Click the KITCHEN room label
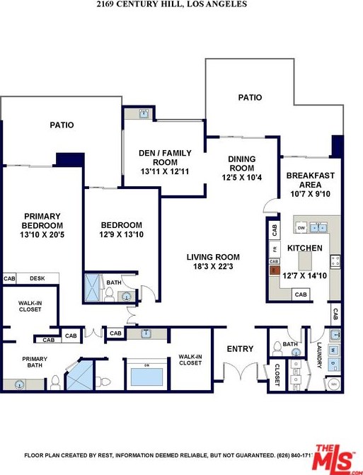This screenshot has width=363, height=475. [x=305, y=248]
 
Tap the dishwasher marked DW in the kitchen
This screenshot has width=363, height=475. [x=301, y=228]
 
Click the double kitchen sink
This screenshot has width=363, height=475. [x=320, y=228]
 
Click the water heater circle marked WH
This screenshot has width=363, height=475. [x=333, y=384]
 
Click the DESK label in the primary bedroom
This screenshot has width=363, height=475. [x=37, y=278]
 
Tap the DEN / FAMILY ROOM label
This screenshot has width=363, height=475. [x=164, y=157]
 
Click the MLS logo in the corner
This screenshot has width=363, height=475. [x=335, y=459]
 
